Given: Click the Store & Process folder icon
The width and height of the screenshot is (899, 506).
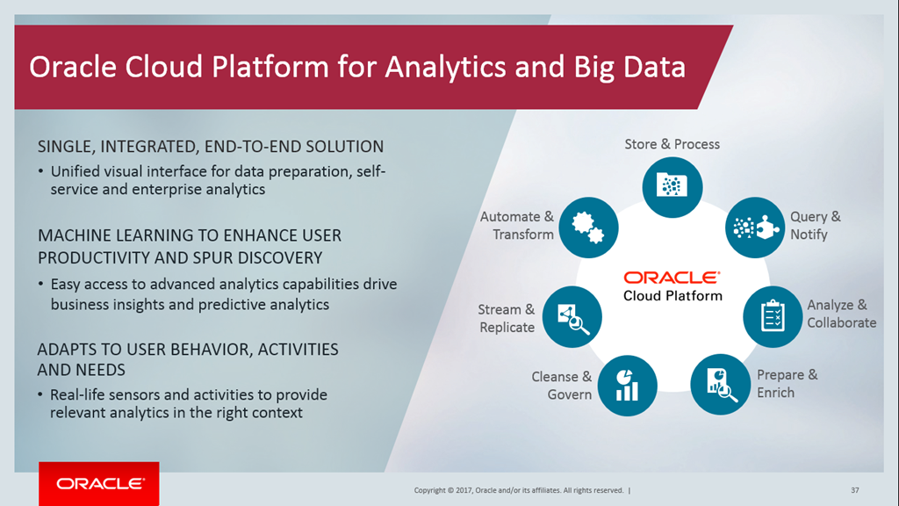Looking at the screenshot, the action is pos(672,187).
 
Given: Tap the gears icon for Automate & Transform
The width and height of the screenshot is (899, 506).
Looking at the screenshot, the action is pos(588,228).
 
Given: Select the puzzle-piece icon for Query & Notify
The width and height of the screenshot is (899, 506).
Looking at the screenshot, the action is pos(755,228).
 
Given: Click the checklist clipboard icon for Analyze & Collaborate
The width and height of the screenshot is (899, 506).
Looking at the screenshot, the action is pos(773,316).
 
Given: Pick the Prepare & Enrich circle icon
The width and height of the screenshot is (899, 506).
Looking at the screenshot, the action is pos(720,385).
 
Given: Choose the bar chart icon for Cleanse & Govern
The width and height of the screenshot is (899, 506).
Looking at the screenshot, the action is pos(627,386).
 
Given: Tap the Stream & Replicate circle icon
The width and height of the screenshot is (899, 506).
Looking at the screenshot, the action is pos(572,316).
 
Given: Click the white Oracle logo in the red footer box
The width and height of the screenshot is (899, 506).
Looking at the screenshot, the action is pos(100,484).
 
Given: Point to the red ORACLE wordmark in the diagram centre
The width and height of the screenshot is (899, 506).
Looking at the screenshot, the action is pos(672,278).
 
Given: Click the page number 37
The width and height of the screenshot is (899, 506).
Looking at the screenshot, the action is pos(855,490).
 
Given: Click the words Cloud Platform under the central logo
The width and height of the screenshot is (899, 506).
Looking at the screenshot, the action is pos(672,296).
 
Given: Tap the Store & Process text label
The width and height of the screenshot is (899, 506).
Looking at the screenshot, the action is pos(672,144).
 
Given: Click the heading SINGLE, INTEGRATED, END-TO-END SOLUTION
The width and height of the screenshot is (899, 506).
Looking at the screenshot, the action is pos(211,147).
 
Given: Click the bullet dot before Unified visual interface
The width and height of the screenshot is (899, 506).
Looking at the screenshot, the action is pos(40,171).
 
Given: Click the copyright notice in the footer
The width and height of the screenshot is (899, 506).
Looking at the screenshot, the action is pos(519,490).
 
